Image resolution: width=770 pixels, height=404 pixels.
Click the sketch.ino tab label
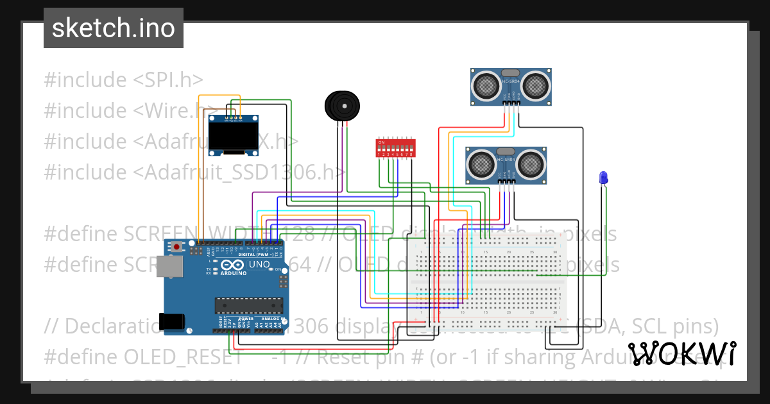point(113,28)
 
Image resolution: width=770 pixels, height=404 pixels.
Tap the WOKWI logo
point(682,353)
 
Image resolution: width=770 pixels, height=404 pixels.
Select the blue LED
point(603,178)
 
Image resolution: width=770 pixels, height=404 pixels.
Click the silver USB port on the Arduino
point(168,267)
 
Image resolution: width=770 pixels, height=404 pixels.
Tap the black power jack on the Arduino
point(173,321)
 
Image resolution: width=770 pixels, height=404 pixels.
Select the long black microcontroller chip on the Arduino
point(248,307)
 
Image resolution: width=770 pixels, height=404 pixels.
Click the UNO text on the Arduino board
point(259,264)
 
